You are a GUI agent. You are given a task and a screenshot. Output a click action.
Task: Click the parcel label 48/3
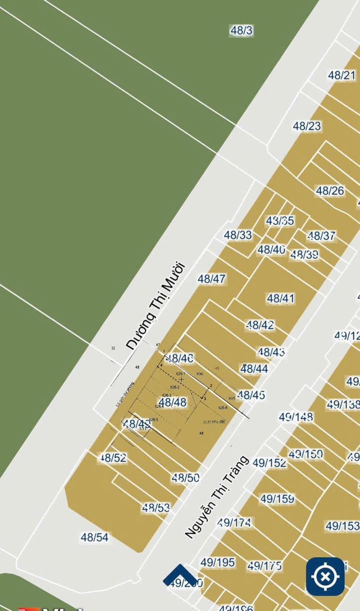(x=241, y=30)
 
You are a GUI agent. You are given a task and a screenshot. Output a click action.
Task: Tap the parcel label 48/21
(x=342, y=75)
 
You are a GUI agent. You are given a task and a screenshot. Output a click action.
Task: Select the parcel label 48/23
(x=307, y=126)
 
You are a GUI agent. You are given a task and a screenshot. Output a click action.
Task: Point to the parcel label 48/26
(x=330, y=190)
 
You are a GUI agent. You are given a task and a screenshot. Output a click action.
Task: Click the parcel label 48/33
(x=238, y=235)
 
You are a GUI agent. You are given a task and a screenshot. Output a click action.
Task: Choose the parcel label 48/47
(x=211, y=279)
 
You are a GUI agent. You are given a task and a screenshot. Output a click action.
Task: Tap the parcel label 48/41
(x=280, y=298)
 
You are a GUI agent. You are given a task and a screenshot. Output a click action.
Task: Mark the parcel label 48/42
(x=260, y=325)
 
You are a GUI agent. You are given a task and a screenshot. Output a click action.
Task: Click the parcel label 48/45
(x=251, y=395)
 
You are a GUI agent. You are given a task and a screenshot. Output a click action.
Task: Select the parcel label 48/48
(x=172, y=402)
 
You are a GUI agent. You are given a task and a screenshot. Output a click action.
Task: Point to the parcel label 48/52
(x=113, y=457)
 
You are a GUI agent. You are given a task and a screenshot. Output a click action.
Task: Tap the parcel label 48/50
(x=185, y=478)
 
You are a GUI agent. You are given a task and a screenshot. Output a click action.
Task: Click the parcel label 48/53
(x=156, y=508)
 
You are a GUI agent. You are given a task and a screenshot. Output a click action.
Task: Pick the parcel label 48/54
(x=94, y=537)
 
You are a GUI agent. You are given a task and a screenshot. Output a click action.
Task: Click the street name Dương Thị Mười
(x=155, y=306)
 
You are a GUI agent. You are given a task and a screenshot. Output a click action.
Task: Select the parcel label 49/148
(x=296, y=416)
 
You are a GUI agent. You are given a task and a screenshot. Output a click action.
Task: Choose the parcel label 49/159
(x=277, y=498)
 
